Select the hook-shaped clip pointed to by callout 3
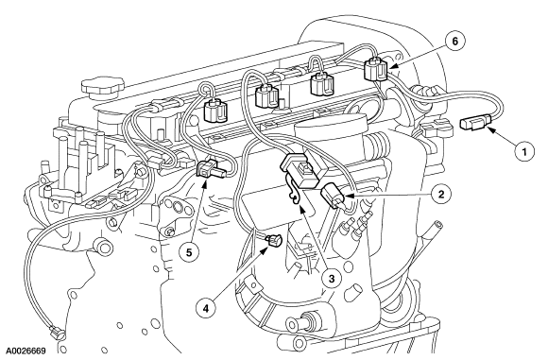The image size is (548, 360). coord(298,193)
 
